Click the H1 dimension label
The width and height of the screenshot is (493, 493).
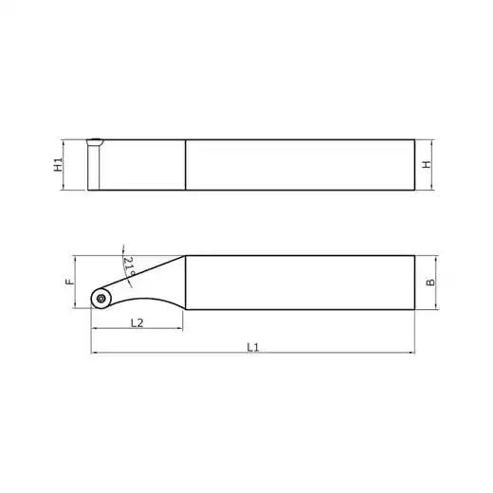point(58,165)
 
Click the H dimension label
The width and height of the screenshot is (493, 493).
point(427,164)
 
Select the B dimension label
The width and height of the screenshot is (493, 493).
point(430,283)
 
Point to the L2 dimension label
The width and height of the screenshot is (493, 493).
point(137,322)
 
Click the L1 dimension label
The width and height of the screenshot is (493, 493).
point(253,347)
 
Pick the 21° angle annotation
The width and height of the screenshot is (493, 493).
point(129,265)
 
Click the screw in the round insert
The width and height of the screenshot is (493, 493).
point(101,298)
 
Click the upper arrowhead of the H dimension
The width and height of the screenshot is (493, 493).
point(432,142)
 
